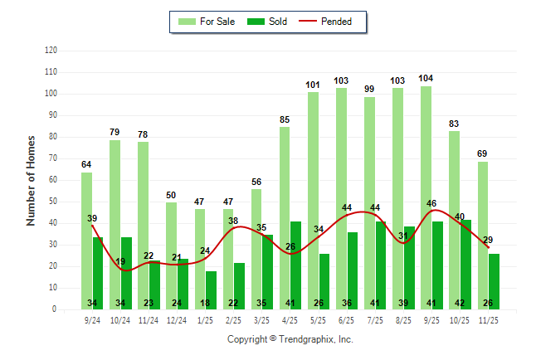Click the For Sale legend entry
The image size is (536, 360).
208,22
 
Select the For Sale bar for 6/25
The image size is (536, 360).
341,198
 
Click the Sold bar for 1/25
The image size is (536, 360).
212,286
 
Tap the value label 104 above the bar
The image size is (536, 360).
426,79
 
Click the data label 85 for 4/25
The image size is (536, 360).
285,120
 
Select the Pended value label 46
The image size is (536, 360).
432,203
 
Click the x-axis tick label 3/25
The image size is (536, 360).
262,319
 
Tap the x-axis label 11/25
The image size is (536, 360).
489,319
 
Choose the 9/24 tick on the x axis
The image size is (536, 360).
93,319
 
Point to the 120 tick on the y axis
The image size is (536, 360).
51,51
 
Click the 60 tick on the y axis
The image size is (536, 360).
53,180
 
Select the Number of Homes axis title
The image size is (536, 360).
31,180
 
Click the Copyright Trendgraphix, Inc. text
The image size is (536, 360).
290,339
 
